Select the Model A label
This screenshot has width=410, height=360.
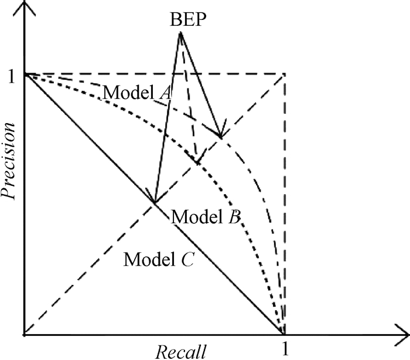(132, 92)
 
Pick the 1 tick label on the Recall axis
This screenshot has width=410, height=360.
(285, 349)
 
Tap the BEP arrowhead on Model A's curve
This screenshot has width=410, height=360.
(220, 135)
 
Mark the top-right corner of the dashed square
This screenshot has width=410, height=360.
(284, 74)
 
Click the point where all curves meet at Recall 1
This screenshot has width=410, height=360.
(284, 334)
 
